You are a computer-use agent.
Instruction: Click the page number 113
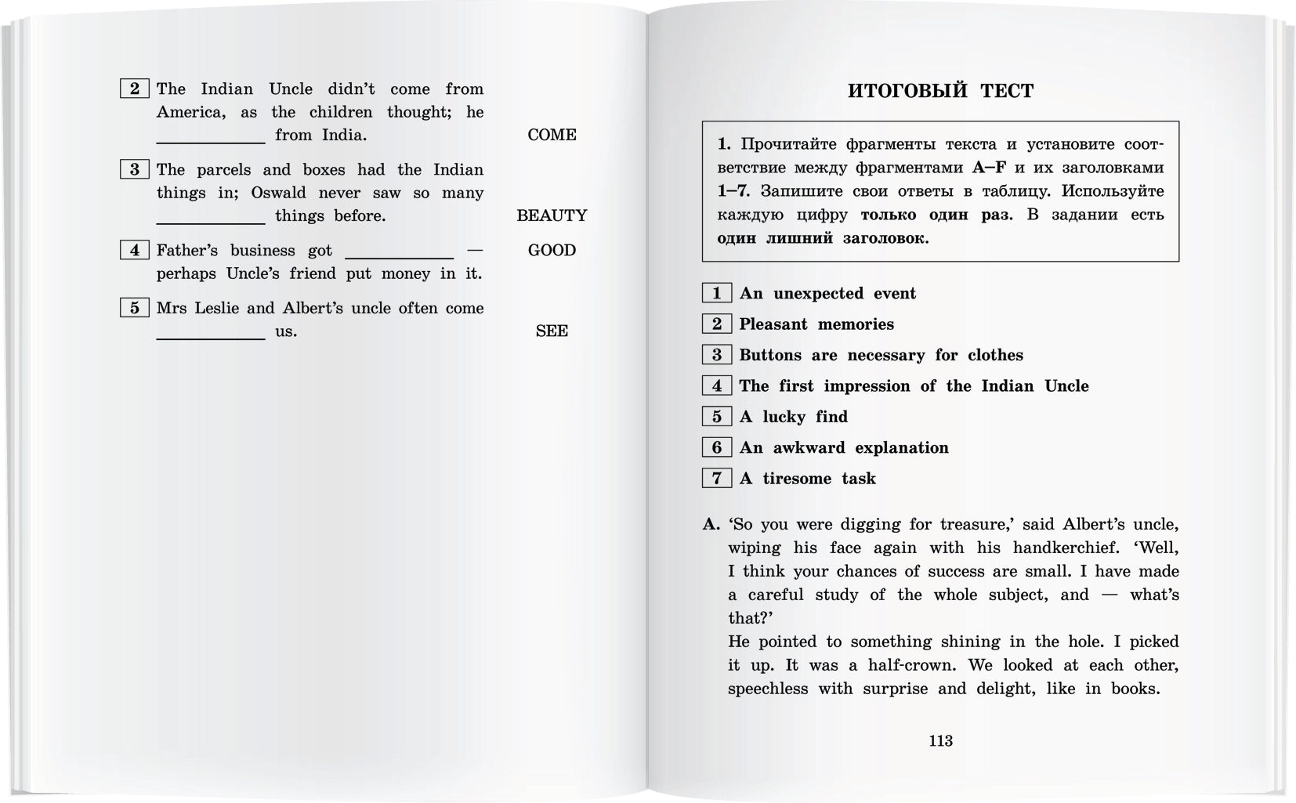(940, 741)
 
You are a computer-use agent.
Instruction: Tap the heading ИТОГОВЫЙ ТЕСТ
(940, 91)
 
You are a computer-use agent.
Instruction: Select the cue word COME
(552, 135)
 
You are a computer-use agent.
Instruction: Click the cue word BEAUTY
(552, 215)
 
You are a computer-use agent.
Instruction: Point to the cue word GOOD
(552, 250)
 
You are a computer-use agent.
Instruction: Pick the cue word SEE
(552, 331)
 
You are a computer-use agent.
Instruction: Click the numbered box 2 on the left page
(134, 89)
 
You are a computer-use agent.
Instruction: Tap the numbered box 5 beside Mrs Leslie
(134, 308)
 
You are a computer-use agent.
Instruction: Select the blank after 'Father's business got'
(399, 254)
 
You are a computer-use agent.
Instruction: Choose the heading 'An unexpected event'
(827, 294)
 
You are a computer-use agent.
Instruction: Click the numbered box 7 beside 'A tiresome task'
(716, 478)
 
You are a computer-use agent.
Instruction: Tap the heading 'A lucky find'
(793, 417)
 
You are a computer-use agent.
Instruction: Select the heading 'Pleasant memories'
(816, 324)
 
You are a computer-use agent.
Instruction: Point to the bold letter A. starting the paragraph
(711, 524)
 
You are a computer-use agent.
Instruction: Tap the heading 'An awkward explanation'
(843, 447)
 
